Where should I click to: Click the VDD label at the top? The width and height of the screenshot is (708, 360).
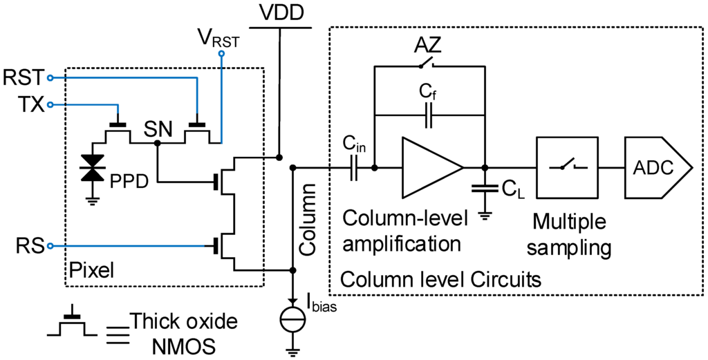click(x=280, y=13)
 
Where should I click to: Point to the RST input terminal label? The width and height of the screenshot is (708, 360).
click(x=22, y=76)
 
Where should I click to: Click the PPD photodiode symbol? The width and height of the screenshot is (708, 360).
click(x=88, y=168)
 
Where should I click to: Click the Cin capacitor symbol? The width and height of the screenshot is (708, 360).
click(x=354, y=167)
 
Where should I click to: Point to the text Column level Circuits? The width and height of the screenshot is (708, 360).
click(x=441, y=281)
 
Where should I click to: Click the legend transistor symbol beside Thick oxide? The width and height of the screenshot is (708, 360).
click(x=70, y=325)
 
